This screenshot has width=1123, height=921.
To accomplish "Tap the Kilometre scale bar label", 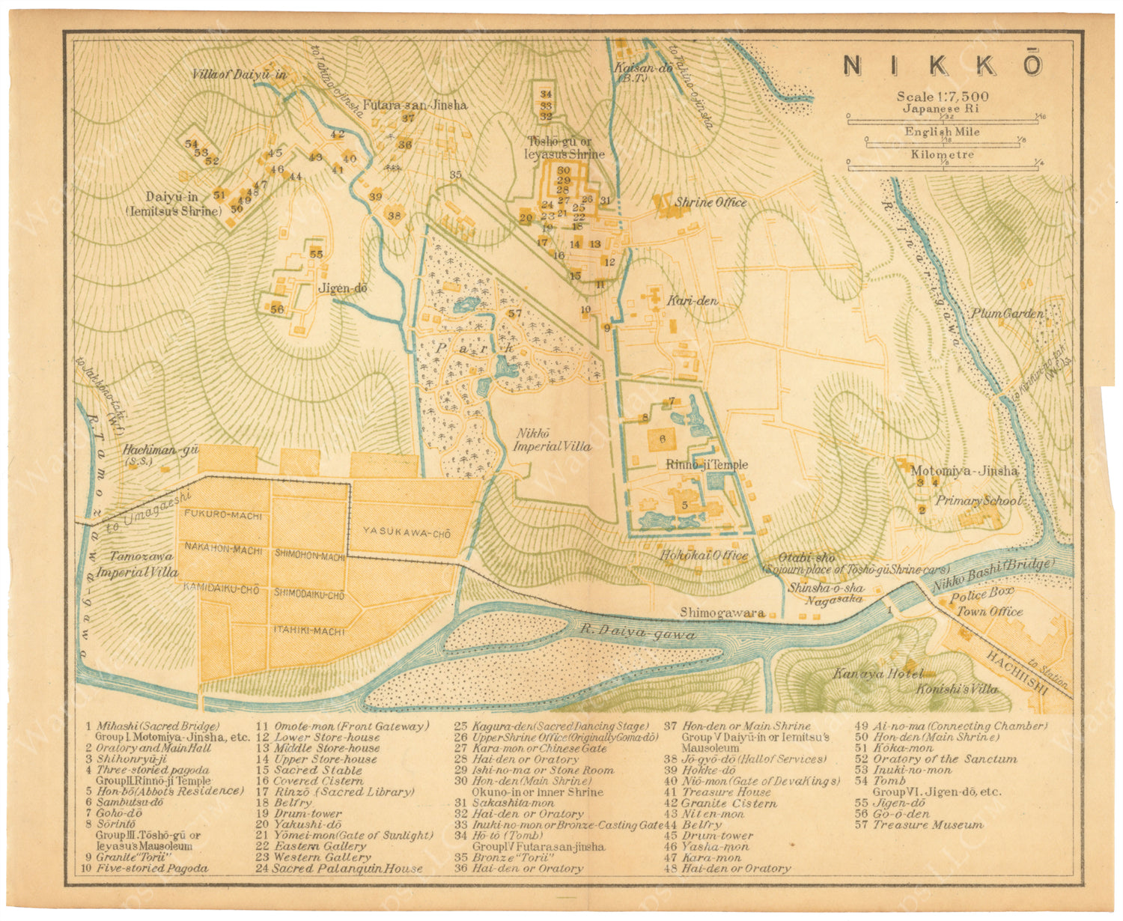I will pyautogui.click(x=942, y=155).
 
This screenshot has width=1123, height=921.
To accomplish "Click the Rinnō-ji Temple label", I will pyautogui.click(x=706, y=464).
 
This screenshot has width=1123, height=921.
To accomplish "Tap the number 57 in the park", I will pyautogui.click(x=514, y=314).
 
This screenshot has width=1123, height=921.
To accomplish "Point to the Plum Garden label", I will pyautogui.click(x=1007, y=314).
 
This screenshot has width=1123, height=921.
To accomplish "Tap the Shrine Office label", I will pyautogui.click(x=710, y=202).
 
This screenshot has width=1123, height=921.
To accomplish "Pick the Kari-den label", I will pyautogui.click(x=692, y=301).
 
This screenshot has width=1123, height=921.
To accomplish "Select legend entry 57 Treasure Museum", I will pyautogui.click(x=919, y=824).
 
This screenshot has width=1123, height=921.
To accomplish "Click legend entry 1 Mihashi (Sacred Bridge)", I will pyautogui.click(x=153, y=726).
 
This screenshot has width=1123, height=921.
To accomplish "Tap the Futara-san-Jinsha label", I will pyautogui.click(x=415, y=105).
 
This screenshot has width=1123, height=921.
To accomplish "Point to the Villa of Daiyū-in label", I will pyautogui.click(x=239, y=75).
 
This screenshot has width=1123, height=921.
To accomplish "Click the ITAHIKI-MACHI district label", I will pyautogui.click(x=309, y=631).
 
